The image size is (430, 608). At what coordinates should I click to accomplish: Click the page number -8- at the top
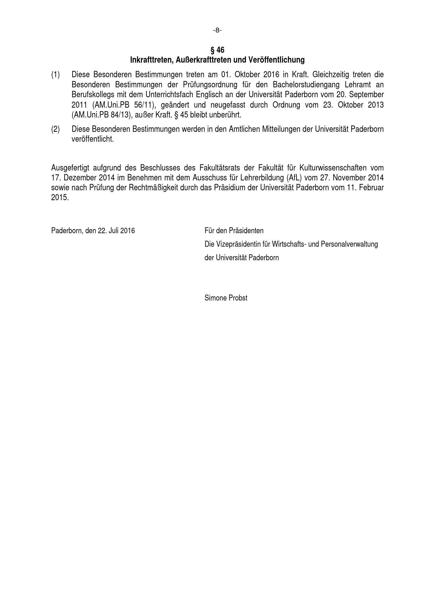point(217,30)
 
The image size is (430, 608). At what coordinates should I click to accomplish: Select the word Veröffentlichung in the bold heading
point(276,60)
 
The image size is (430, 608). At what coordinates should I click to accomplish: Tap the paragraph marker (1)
point(55,75)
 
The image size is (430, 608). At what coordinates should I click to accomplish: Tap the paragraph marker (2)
point(55,129)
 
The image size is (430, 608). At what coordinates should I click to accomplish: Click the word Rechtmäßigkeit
point(153,188)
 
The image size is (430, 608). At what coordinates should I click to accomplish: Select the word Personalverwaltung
point(349,244)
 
